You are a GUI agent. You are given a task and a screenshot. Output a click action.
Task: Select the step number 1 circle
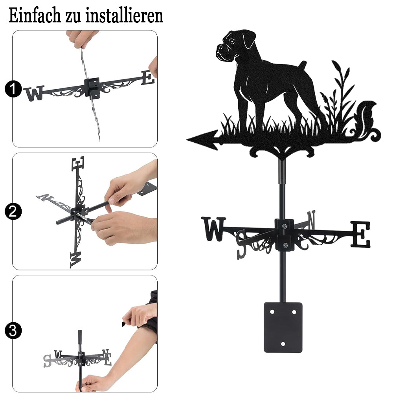[13, 89]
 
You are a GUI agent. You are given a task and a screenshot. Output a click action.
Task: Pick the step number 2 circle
[13, 211]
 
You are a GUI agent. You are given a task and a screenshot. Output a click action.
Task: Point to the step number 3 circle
[13, 331]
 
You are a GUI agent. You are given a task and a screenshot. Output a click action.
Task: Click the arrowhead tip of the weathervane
[187, 140]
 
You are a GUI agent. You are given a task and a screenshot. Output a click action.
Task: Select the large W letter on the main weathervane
[213, 229]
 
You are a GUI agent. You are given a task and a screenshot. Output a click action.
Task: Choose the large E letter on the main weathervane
[360, 234]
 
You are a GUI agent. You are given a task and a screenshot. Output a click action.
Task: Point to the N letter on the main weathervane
[311, 220]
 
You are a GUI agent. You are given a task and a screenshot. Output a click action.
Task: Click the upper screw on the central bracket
[284, 227]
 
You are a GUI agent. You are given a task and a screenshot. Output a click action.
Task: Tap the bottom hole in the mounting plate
[283, 343]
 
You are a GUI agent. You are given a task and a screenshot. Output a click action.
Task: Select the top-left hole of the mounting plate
[272, 312]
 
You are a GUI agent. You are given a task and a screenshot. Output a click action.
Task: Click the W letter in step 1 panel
[34, 93]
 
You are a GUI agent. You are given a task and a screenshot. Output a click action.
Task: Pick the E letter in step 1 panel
[147, 78]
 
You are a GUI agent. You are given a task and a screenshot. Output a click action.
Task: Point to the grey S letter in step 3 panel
[47, 361]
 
